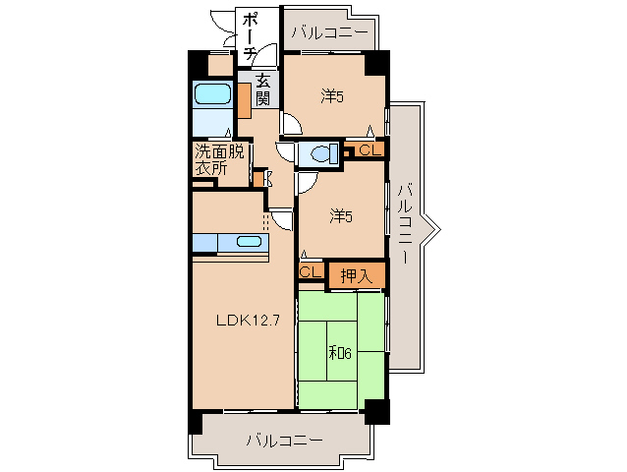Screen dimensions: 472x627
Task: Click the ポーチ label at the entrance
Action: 250,36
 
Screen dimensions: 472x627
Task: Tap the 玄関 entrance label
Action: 263,89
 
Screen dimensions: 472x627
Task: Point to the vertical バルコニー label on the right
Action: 405,225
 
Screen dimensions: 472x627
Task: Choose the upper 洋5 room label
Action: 333,96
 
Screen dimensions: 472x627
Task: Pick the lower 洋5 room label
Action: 340,215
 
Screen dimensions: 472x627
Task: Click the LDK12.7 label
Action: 241,319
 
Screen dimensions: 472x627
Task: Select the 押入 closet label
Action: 356,276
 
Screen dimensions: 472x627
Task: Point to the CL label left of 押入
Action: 309,271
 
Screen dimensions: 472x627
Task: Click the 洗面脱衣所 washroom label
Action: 219,159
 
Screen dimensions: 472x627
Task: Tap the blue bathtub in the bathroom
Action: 212,95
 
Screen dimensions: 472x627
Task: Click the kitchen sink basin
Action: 249,242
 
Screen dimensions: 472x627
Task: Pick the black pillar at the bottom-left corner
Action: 194,422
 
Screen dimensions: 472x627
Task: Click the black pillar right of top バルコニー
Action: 376,63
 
